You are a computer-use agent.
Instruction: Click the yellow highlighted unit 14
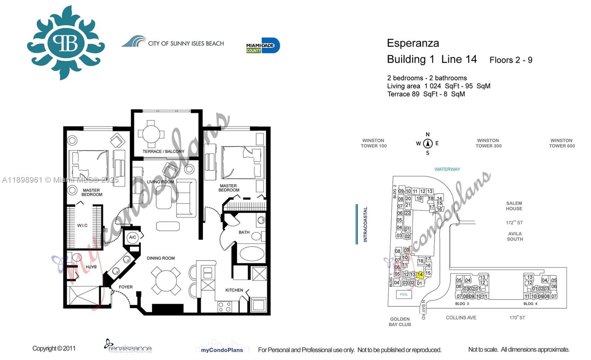coord(420,275)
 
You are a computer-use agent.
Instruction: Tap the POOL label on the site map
coord(404,295)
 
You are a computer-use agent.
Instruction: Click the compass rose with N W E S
coord(428,143)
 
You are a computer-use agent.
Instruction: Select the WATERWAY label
coord(447,169)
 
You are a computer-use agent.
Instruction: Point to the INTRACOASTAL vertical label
coord(365,224)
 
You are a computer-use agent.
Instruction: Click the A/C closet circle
coord(133,237)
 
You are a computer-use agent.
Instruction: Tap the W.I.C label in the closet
coord(82,225)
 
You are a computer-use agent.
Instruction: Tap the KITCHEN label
coord(234,290)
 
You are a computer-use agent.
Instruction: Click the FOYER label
coord(126,287)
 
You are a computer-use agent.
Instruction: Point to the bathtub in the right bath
coord(252,254)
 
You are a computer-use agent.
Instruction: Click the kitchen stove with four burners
coord(225,306)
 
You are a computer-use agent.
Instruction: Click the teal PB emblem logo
coord(66,43)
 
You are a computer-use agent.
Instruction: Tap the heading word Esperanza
coord(413,43)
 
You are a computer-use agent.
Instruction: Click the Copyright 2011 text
coord(54,348)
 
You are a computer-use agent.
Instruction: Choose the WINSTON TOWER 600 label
coord(561,143)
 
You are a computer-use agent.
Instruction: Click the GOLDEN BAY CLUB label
coord(400,322)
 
